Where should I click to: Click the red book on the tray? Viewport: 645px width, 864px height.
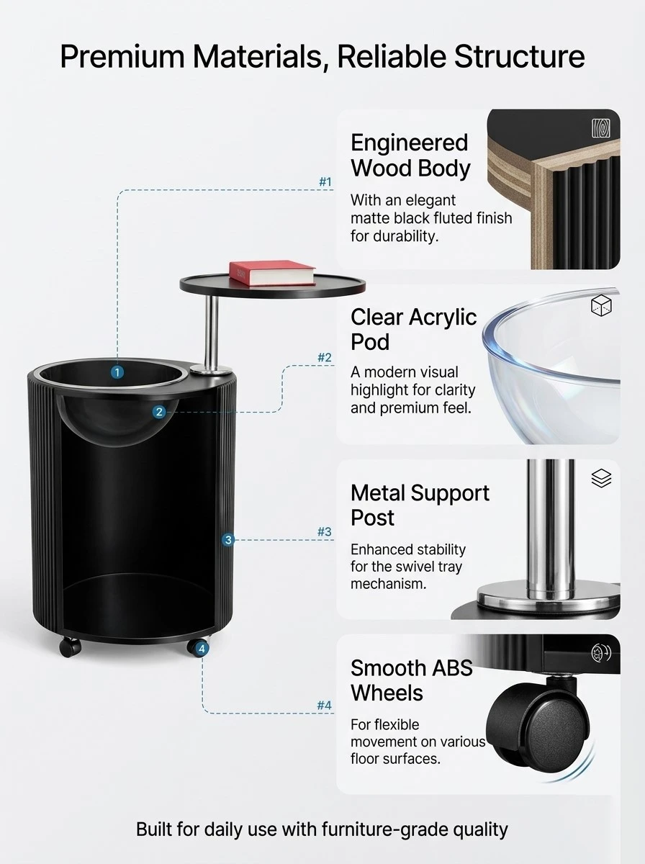click(272, 272)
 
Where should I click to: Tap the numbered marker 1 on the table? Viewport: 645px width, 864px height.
click(117, 372)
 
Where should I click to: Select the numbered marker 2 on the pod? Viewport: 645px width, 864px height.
click(159, 412)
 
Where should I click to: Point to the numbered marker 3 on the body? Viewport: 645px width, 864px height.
click(228, 540)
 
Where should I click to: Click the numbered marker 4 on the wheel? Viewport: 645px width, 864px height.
click(202, 648)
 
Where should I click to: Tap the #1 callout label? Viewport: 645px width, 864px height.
click(325, 182)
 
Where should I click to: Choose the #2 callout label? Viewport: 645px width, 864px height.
click(325, 357)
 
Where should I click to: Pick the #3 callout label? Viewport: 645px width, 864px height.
click(325, 532)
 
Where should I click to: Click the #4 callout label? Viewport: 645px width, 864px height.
click(325, 705)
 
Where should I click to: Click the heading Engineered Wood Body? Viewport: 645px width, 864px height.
click(410, 156)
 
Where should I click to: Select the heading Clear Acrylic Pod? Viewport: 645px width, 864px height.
click(413, 330)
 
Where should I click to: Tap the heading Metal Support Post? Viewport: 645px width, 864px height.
click(420, 505)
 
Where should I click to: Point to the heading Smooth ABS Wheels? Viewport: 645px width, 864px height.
click(411, 680)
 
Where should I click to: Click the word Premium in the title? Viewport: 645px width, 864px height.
click(122, 57)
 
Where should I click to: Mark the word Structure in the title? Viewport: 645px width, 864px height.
click(520, 56)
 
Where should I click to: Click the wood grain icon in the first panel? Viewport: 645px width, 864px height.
click(601, 128)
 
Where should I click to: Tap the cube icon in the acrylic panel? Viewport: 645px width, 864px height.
click(601, 305)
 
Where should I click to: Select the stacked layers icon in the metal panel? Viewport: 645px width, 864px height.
click(601, 478)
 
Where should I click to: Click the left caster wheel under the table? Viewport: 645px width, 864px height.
click(70, 647)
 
